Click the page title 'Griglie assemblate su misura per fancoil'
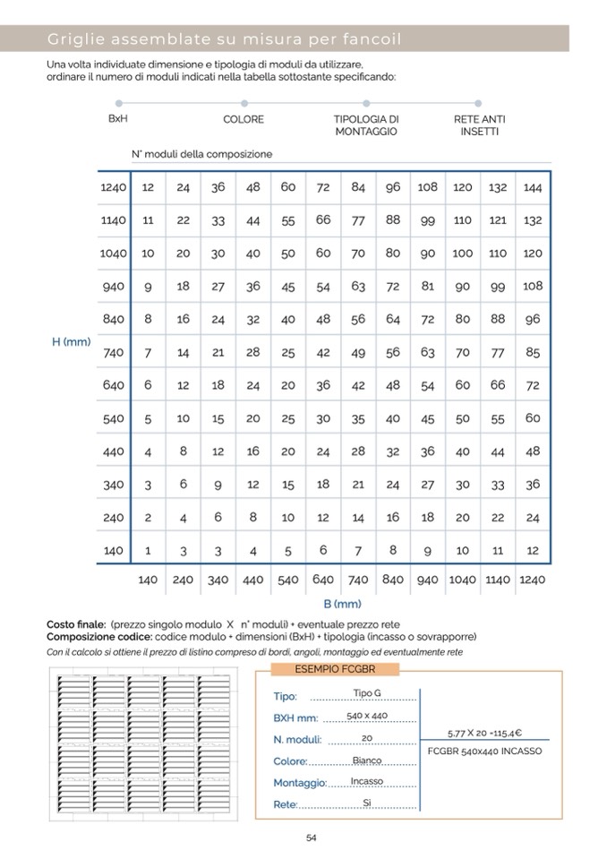pos(224,39)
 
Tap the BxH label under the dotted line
pos(117,118)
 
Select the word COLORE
pos(244,119)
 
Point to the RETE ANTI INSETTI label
pos(479,125)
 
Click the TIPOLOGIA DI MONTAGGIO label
pos(366,125)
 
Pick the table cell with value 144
pos(533,187)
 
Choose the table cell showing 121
pos(498,220)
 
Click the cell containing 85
pos(533,353)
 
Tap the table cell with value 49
pos(358,353)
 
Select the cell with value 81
pos(428,287)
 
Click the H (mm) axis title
pos(71,341)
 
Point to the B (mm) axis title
pos(341,604)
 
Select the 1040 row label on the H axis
pos(113,253)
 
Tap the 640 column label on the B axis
pos(323,580)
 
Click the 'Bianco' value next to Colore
pos(367,760)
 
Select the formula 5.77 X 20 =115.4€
pos(484,733)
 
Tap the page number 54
pos(312,838)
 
